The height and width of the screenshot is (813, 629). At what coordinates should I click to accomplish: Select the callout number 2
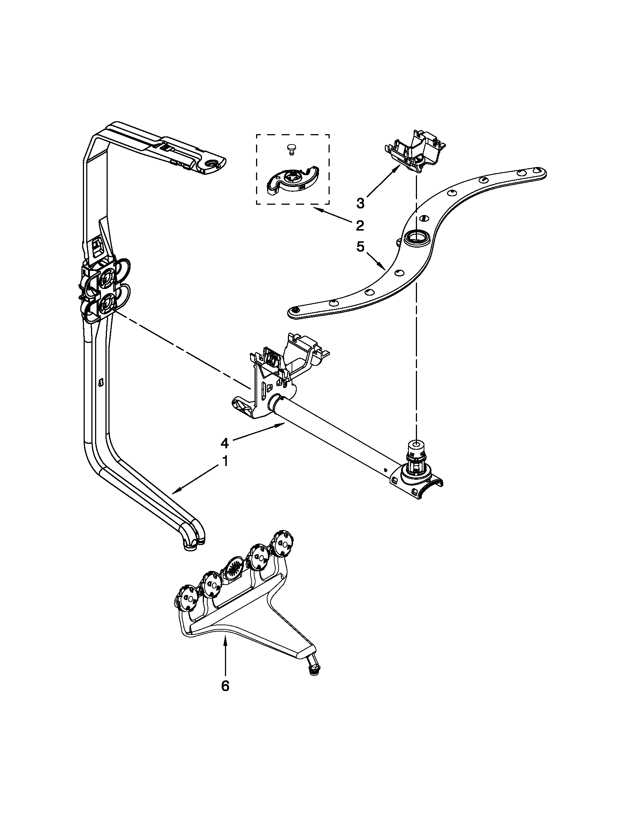point(360,225)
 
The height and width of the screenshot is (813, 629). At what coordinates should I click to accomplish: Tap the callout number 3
point(360,203)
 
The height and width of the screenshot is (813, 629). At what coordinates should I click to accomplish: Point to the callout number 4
point(224,443)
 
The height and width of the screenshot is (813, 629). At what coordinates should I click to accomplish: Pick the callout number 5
point(360,247)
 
